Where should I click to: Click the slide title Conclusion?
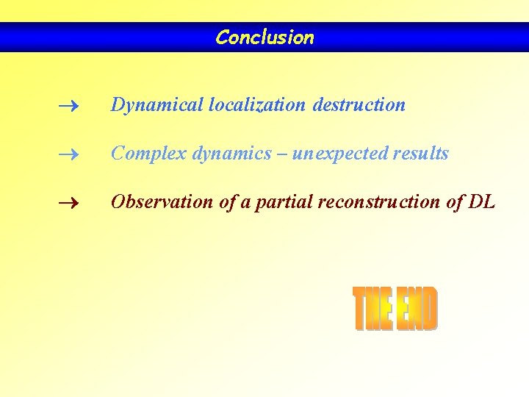point(264,37)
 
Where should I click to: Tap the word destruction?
point(359,105)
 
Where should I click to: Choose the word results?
point(420,154)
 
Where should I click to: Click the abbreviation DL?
point(481,202)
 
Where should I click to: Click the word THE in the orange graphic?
point(373,310)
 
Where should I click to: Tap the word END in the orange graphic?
point(416,310)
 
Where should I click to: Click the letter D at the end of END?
point(429,310)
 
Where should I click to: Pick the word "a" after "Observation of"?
point(248,203)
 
